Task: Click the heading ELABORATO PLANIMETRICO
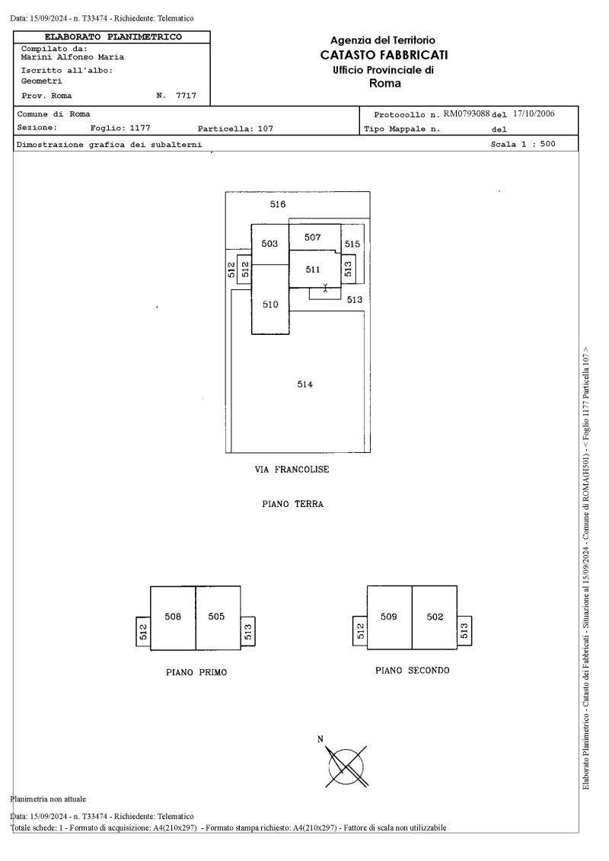click(x=113, y=37)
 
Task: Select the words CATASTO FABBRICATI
click(x=384, y=55)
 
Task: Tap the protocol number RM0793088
click(x=466, y=114)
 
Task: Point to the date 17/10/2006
click(x=534, y=113)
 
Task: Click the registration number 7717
click(x=186, y=96)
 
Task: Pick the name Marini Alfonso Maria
click(x=72, y=57)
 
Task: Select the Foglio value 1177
click(x=140, y=128)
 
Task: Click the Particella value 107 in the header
click(x=265, y=129)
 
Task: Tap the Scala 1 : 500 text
click(x=523, y=144)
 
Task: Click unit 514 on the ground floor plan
click(x=304, y=384)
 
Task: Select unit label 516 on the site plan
click(x=278, y=204)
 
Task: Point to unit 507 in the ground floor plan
click(x=312, y=238)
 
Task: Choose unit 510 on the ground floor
click(x=270, y=305)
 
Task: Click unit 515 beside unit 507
click(x=352, y=244)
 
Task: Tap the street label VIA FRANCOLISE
click(x=292, y=470)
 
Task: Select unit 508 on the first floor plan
click(x=173, y=617)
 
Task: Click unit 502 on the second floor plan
click(x=435, y=617)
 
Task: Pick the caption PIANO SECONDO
click(x=413, y=671)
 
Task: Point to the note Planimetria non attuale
click(x=48, y=799)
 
